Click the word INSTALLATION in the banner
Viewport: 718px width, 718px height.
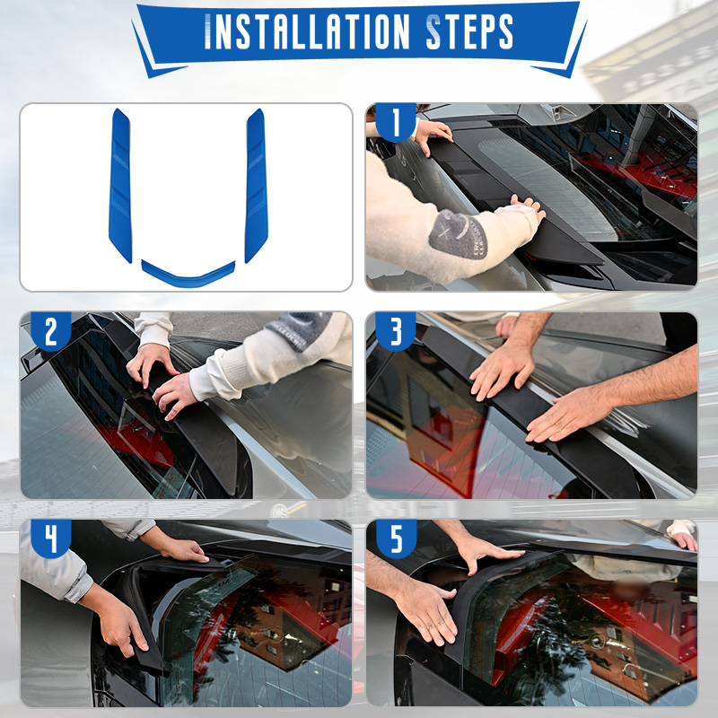[x=306, y=31]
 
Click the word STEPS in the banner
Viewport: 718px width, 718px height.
[x=469, y=31]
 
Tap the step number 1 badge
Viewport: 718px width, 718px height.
[x=396, y=122]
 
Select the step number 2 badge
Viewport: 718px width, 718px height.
[x=51, y=331]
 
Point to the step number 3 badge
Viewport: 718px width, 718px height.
[x=396, y=331]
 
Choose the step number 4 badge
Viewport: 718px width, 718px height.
[x=51, y=539]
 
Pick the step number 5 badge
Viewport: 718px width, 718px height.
[x=396, y=539]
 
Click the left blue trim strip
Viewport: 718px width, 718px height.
[x=120, y=185]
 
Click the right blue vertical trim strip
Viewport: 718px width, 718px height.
[x=256, y=185]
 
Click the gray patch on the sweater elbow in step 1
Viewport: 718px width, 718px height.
[x=458, y=234]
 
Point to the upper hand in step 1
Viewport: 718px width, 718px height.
[x=433, y=136]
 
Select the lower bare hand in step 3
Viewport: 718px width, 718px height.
[x=568, y=419]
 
